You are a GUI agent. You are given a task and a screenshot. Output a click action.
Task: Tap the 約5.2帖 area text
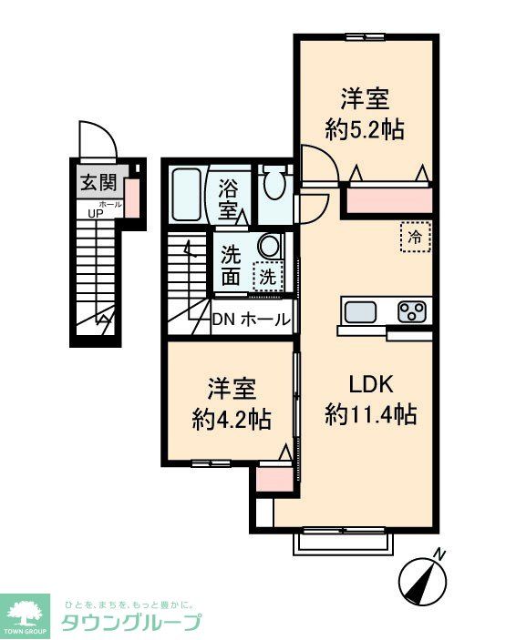[365, 129]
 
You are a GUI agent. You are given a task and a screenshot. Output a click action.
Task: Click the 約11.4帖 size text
[371, 415]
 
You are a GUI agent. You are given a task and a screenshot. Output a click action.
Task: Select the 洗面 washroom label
[232, 264]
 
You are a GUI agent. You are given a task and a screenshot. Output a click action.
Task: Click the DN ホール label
[252, 320]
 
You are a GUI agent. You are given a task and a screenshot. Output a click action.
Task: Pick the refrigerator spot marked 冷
[415, 237]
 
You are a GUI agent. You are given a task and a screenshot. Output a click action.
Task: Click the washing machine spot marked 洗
[267, 276]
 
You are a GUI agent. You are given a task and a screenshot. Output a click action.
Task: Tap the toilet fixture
[272, 185]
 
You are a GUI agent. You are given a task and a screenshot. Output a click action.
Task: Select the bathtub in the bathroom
[189, 194]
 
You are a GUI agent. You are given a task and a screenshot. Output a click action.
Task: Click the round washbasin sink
[268, 246]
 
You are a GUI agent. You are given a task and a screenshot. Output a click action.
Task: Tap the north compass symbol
[424, 576]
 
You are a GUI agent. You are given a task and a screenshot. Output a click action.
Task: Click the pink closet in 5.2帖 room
[386, 198]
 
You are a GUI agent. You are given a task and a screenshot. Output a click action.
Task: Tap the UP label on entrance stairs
[95, 214]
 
